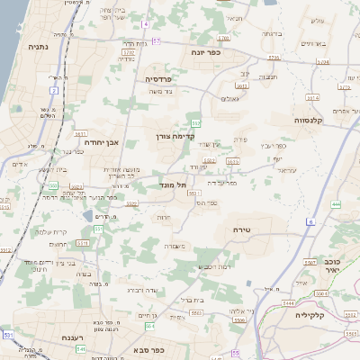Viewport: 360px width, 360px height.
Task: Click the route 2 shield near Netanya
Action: click(55, 90)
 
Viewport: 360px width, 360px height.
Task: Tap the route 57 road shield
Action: click(156, 40)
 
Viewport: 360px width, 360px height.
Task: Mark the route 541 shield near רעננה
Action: click(80, 348)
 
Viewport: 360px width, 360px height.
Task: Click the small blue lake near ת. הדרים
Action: click(87, 216)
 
